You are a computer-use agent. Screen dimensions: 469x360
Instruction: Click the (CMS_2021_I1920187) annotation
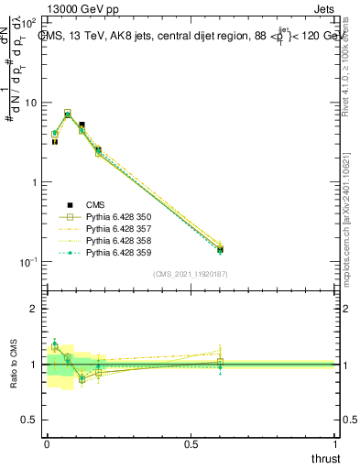point(191,274)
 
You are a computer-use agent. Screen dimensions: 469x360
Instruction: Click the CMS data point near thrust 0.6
point(220,249)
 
